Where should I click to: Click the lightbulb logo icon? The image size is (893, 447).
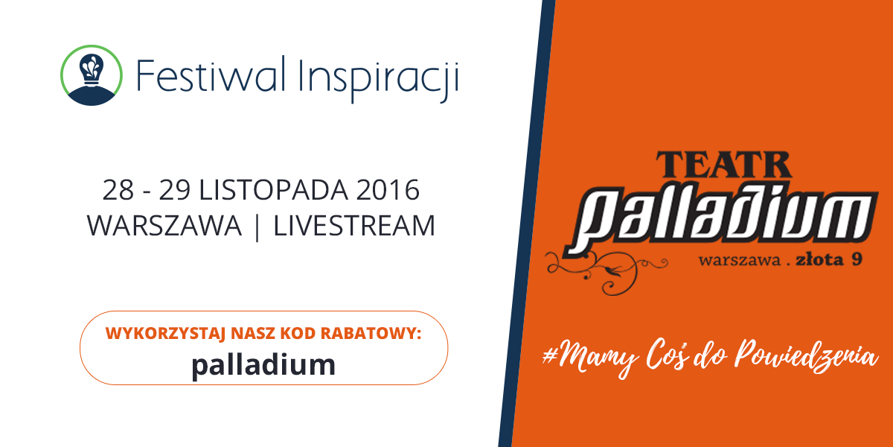point(92,75)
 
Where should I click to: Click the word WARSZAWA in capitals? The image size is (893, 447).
point(164,226)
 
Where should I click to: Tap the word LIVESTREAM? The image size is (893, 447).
point(354,226)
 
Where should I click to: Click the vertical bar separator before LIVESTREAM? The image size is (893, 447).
point(257,226)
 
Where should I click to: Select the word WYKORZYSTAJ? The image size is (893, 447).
point(165,333)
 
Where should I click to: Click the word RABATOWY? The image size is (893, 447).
point(371,333)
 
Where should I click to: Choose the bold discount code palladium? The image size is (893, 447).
point(263,366)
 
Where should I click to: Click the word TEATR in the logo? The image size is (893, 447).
point(723,165)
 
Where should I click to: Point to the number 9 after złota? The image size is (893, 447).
point(857,259)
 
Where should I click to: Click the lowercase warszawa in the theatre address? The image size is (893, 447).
point(740,261)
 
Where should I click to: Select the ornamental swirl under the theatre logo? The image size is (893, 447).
point(606,272)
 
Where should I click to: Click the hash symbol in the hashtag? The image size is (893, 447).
point(551,355)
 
